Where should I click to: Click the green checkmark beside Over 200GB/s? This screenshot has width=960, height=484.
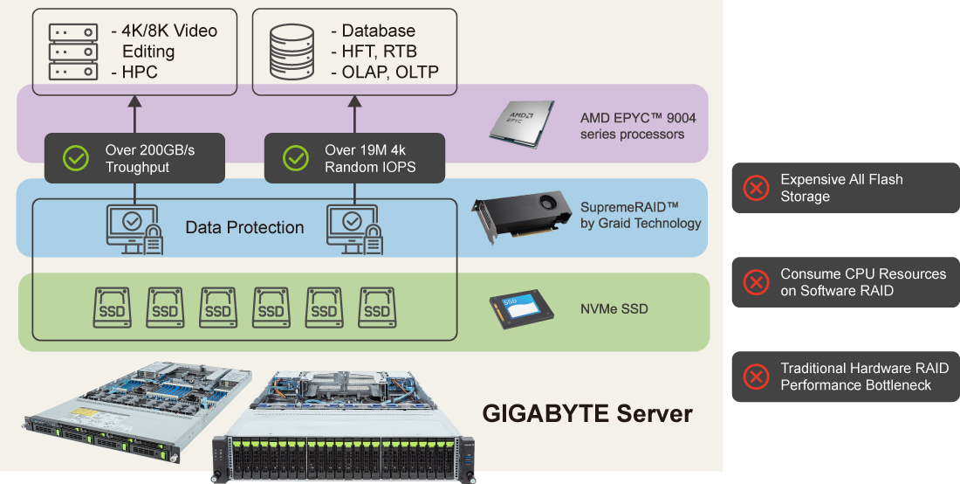pyautogui.click(x=76, y=158)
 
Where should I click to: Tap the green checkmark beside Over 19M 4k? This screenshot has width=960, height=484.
pyautogui.click(x=296, y=158)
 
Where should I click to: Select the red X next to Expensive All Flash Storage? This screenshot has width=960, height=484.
pyautogui.click(x=755, y=188)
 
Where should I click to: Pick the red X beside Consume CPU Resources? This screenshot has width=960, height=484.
pyautogui.click(x=755, y=282)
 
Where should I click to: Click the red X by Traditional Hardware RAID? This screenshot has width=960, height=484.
pyautogui.click(x=755, y=377)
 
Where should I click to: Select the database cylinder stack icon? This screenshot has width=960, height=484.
pyautogui.click(x=291, y=52)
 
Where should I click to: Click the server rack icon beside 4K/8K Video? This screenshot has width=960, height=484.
pyautogui.click(x=72, y=52)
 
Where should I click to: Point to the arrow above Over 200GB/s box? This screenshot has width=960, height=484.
pyautogui.click(x=135, y=113)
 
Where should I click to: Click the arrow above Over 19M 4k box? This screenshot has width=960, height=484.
pyautogui.click(x=355, y=113)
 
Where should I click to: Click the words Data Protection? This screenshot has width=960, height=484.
pyautogui.click(x=244, y=228)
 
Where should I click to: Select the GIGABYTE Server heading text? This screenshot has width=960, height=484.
pyautogui.click(x=587, y=413)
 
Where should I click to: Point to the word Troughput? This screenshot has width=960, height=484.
pyautogui.click(x=137, y=167)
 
